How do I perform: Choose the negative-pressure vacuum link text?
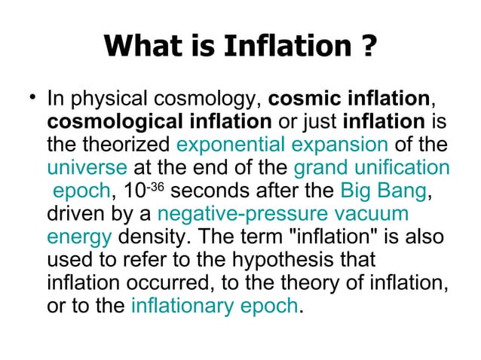(x=283, y=213)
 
